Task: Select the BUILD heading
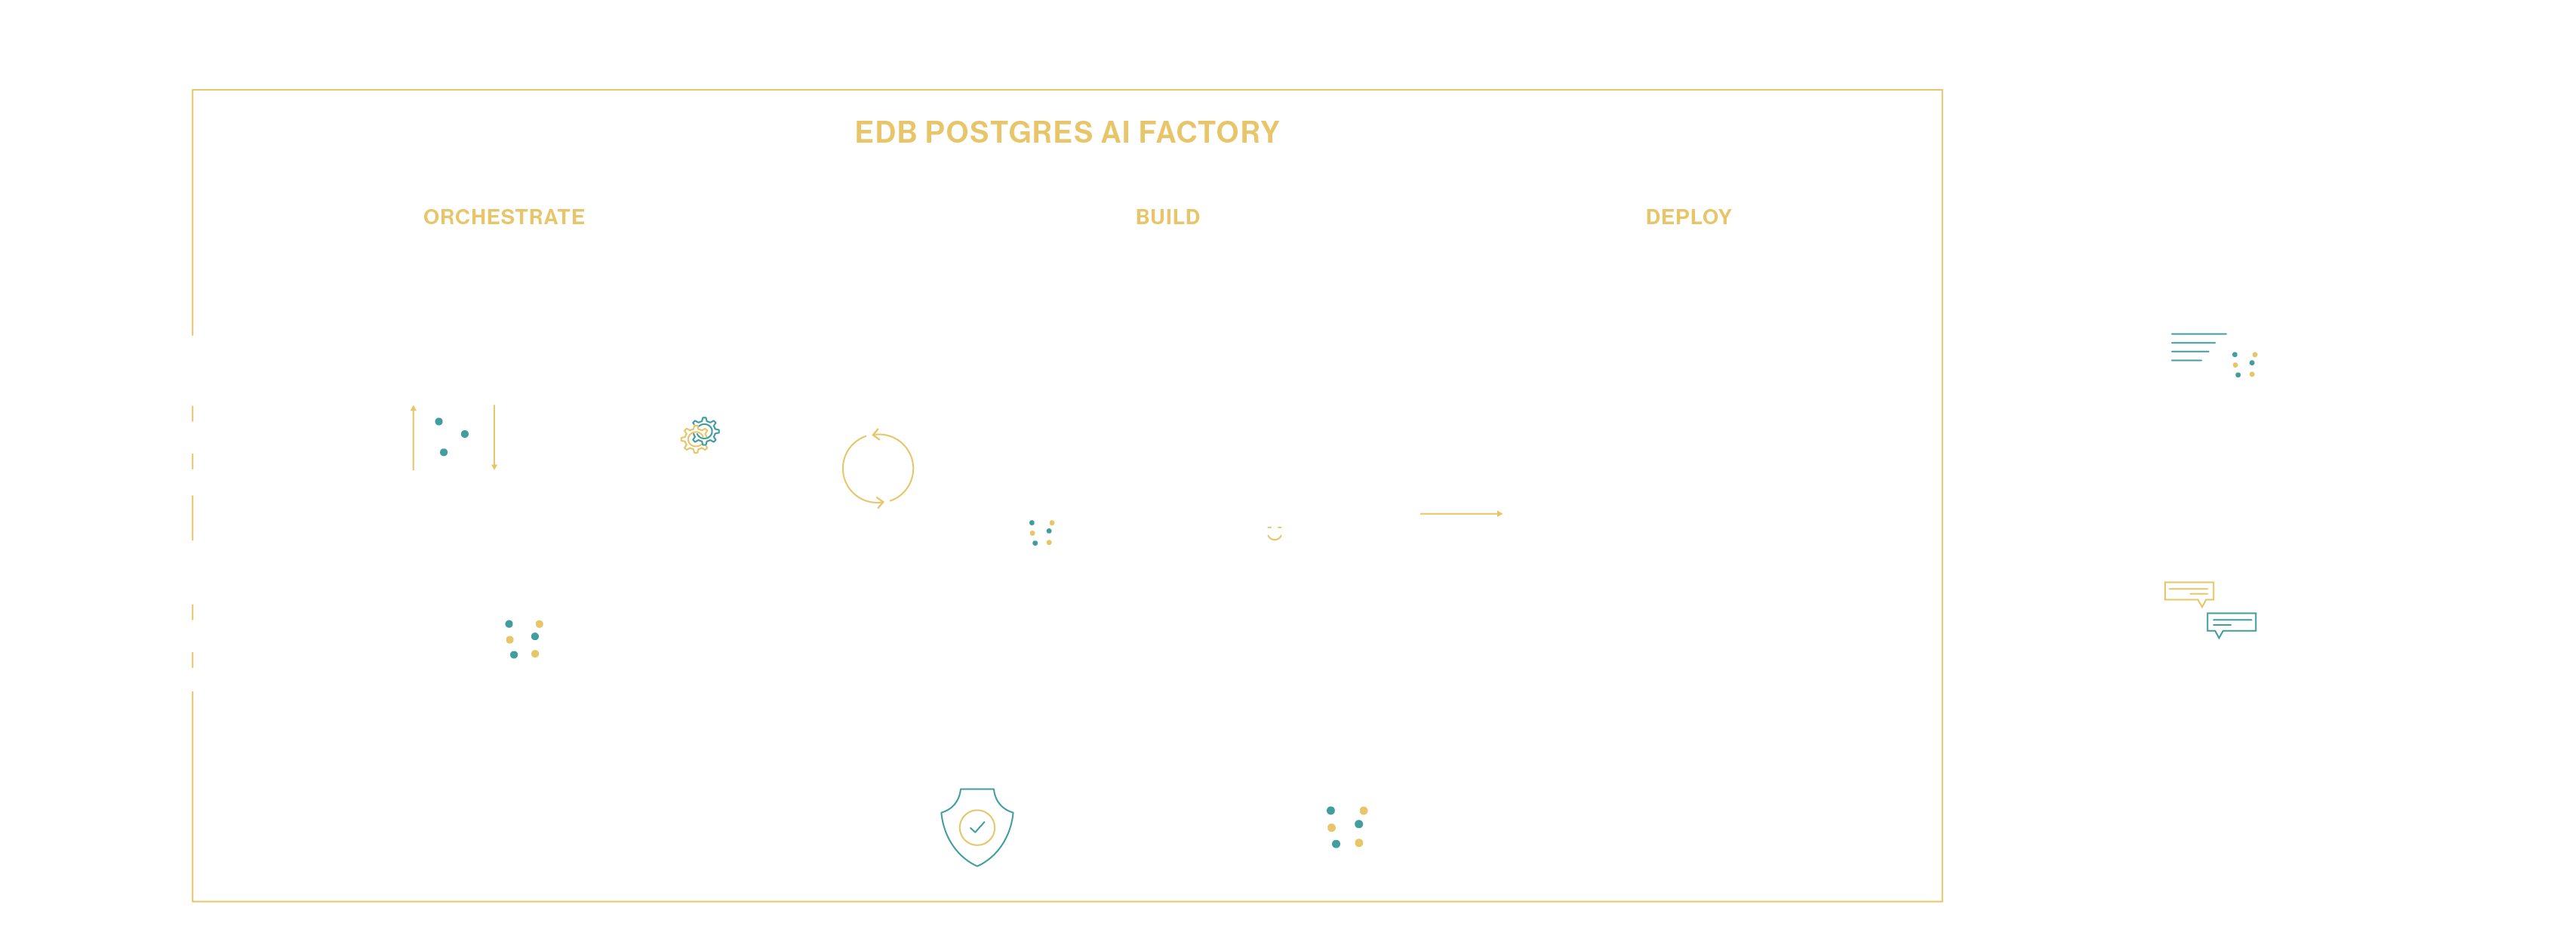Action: tap(1167, 217)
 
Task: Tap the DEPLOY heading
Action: tap(1687, 217)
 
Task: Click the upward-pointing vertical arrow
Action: tap(413, 437)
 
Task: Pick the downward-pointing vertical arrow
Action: tap(494, 437)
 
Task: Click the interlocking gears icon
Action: tap(700, 435)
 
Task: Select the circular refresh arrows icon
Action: tap(877, 469)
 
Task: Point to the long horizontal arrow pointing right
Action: tap(1461, 513)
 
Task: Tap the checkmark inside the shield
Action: tap(977, 826)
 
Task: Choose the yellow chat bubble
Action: tap(2189, 592)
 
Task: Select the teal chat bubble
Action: tap(2232, 623)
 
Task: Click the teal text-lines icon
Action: tap(2195, 347)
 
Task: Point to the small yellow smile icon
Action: tap(1274, 534)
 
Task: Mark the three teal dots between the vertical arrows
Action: tap(451, 436)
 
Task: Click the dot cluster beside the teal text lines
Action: tap(2244, 364)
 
